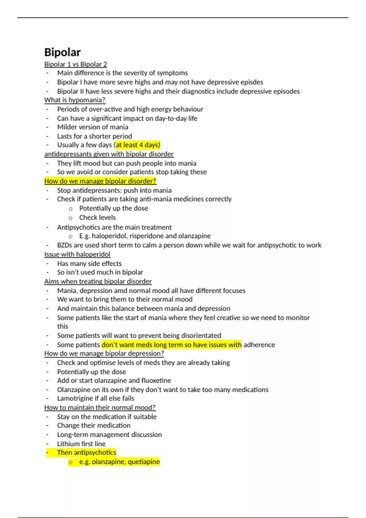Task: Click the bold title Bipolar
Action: (x=62, y=52)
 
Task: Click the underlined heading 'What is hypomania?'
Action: (x=75, y=100)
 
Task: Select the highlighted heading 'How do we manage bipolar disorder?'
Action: (x=100, y=181)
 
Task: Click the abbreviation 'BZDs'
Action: (x=64, y=245)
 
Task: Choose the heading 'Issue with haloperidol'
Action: (x=77, y=254)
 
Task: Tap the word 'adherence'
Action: (x=259, y=345)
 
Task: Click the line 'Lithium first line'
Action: (x=81, y=444)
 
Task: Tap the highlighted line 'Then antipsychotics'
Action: (x=87, y=452)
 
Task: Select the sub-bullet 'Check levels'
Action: (x=97, y=218)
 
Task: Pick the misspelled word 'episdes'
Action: (x=252, y=82)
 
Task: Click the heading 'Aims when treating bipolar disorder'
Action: (x=98, y=281)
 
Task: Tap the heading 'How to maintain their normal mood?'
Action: (x=100, y=407)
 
